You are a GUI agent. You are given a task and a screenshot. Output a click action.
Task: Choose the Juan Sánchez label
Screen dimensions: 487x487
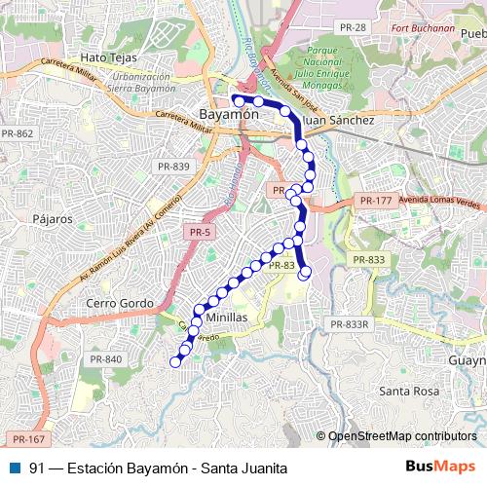coord(340,120)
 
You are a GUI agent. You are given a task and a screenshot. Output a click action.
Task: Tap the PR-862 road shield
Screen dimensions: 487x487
coord(17,132)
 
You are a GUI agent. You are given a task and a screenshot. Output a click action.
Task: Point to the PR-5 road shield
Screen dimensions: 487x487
coord(199,232)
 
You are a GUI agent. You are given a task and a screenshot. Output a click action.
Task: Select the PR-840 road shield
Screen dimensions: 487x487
coord(107,360)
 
